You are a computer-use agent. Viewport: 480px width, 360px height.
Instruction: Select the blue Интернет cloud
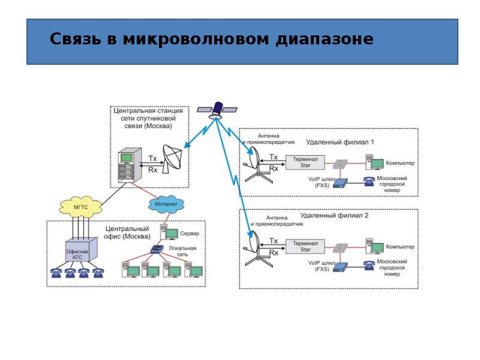click(165, 204)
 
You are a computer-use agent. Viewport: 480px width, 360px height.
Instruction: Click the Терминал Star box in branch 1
click(305, 162)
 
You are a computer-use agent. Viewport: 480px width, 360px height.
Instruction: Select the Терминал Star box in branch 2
click(305, 245)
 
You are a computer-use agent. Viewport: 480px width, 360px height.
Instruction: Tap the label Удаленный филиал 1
click(340, 142)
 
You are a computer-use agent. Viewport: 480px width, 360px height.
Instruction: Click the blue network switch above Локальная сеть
click(157, 250)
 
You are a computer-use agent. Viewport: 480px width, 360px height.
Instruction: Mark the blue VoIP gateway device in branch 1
click(341, 182)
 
